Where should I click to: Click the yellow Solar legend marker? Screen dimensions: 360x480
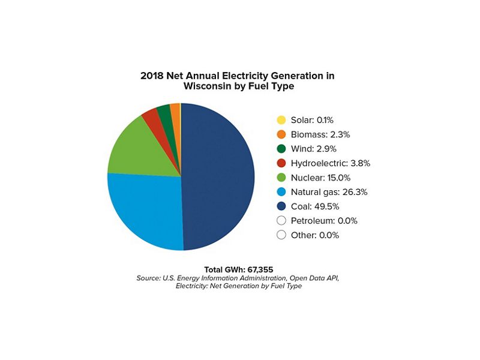point(281,120)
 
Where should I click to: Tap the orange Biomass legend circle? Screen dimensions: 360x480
point(281,134)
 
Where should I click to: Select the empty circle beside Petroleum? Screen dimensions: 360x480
point(281,221)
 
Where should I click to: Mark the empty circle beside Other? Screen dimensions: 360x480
point(281,235)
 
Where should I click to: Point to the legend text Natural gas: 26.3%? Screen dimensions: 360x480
point(329,192)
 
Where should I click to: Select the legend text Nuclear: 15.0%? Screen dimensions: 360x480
point(320,178)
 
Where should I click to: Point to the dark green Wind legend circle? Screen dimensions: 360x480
point(281,149)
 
